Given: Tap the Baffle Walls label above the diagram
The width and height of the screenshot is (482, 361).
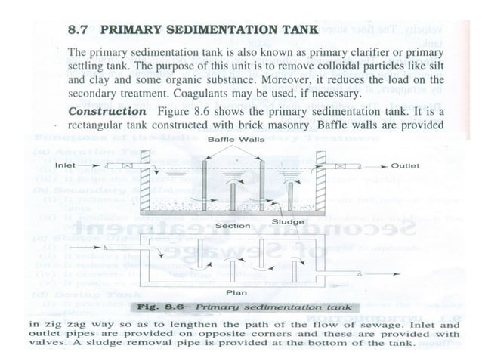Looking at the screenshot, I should point(230,140).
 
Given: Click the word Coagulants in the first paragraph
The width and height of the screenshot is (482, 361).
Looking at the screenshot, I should point(229,94).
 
